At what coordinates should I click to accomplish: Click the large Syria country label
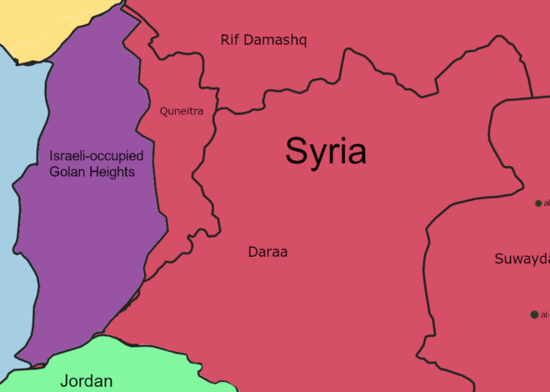(x=326, y=151)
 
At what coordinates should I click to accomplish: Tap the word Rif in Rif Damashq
(x=230, y=40)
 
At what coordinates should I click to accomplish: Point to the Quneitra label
(x=182, y=111)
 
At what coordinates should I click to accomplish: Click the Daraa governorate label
(x=267, y=251)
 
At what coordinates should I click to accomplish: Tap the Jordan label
(x=86, y=381)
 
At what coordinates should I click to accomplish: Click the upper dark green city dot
(x=538, y=203)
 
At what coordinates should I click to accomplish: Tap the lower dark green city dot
(x=534, y=314)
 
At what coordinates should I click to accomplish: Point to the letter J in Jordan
(x=63, y=381)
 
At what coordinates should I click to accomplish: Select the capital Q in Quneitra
(x=164, y=111)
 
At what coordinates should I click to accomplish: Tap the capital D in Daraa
(x=252, y=251)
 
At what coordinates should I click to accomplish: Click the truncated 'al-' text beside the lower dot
(x=545, y=315)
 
